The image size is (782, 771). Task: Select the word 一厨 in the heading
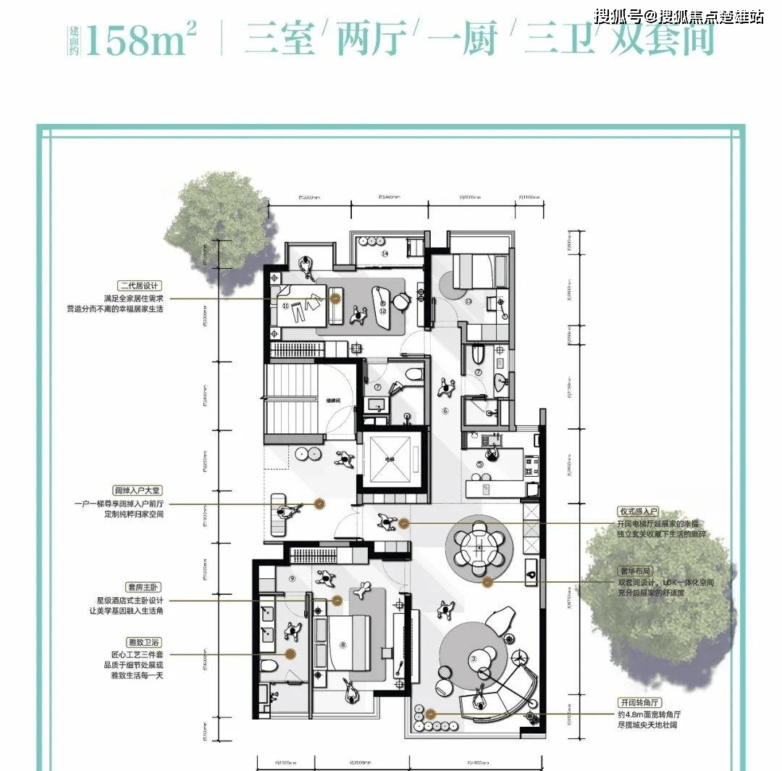[x=467, y=40]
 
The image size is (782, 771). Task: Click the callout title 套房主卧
[x=142, y=587]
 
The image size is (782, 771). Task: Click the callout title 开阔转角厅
[x=637, y=703]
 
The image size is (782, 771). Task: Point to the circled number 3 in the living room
[x=474, y=658]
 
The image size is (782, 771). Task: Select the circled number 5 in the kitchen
[x=479, y=464]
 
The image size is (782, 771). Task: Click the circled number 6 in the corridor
[x=445, y=411]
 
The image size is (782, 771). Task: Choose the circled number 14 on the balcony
[x=385, y=254]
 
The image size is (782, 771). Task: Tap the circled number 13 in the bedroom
[x=468, y=301]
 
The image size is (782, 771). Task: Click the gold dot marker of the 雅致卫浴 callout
[x=289, y=654]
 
